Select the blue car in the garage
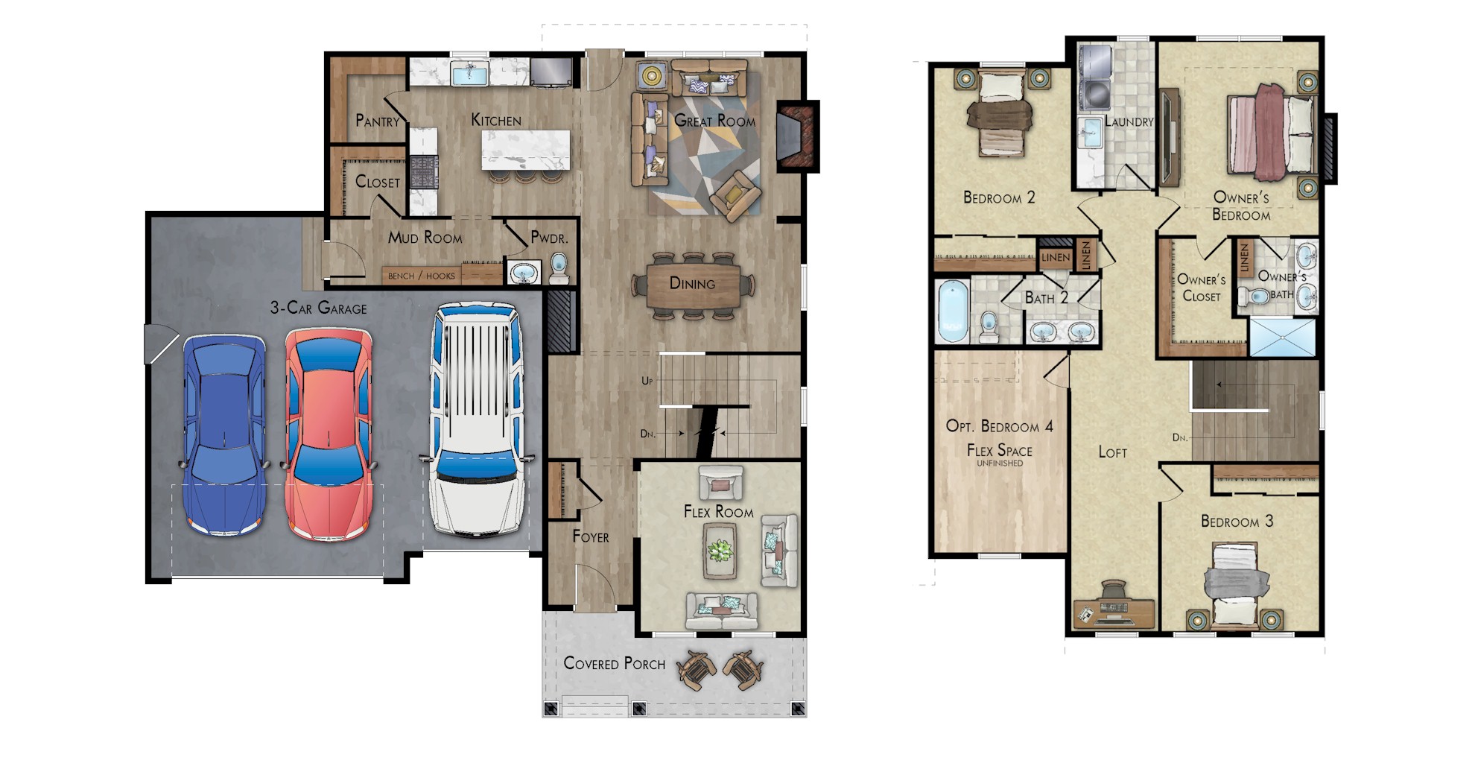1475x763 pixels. tap(224, 436)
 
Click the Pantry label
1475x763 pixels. tap(377, 121)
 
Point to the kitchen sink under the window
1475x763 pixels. tap(469, 75)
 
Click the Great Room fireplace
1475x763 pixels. tap(796, 136)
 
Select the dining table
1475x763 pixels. tap(693, 285)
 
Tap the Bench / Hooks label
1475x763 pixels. tap(421, 276)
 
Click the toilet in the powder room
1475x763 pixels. tap(559, 267)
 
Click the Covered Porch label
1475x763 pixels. tap(614, 663)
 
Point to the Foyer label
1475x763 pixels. tap(590, 536)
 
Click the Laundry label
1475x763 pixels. tap(1129, 121)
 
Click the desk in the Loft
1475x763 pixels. tap(1113, 612)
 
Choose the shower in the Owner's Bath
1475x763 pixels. tap(1281, 338)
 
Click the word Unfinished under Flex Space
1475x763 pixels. tap(1000, 463)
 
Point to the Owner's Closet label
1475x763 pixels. tap(1201, 288)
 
